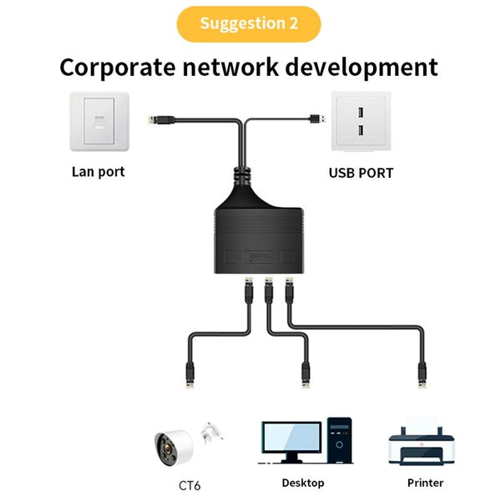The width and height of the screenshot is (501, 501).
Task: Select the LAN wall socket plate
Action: coord(99,122)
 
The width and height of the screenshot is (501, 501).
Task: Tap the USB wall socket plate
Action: coord(361,122)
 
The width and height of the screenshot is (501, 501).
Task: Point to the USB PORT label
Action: coord(361,174)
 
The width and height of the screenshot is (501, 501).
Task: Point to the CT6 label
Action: coord(190,485)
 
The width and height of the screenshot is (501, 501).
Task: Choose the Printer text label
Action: coord(425,483)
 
